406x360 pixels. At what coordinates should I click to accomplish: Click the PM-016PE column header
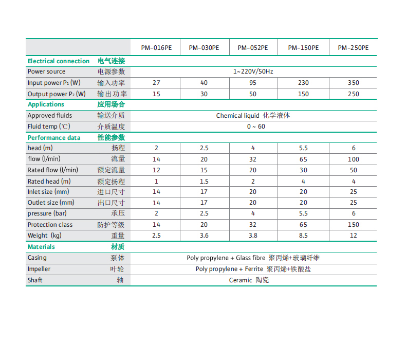coord(156,48)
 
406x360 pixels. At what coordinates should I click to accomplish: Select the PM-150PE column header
coord(303,48)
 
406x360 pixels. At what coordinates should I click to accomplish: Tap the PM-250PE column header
coord(353,48)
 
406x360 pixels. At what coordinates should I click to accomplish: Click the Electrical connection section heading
coord(59,61)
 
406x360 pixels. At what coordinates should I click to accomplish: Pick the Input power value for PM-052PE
coord(253,83)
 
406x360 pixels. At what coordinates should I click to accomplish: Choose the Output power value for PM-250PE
coord(353,94)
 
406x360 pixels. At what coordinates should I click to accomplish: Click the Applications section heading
coord(46,104)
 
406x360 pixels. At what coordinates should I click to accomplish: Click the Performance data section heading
coord(54,137)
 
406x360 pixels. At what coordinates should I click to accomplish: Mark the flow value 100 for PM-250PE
coord(353,159)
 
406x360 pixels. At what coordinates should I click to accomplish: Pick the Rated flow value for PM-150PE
coord(303,170)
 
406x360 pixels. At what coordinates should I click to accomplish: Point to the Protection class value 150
coord(353,225)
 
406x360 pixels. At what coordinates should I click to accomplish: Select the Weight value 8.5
coord(303,236)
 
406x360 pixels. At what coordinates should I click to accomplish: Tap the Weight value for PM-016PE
coord(156,236)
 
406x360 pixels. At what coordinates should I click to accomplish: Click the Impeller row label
coord(39,269)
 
